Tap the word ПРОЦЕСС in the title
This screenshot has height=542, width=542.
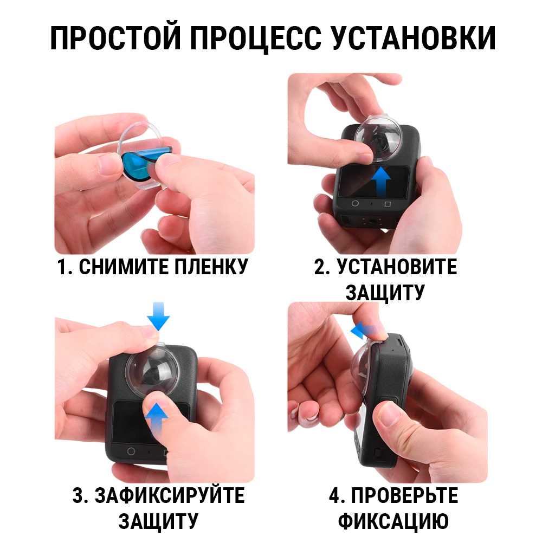point(256,37)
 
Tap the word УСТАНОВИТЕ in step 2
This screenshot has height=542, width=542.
point(397,267)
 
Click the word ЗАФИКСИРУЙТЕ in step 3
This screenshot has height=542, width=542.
point(170,495)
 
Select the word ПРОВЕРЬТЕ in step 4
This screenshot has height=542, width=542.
point(405,495)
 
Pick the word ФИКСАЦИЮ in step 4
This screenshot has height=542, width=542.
point(393,521)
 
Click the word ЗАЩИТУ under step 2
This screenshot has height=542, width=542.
point(385,293)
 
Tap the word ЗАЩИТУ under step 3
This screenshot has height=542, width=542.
point(158,521)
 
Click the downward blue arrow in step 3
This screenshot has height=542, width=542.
point(158,317)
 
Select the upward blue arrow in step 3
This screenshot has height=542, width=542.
point(157,419)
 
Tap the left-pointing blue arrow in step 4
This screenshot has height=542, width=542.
point(364,331)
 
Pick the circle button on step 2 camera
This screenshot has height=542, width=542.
point(355,203)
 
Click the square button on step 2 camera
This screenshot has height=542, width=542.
point(388,204)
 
